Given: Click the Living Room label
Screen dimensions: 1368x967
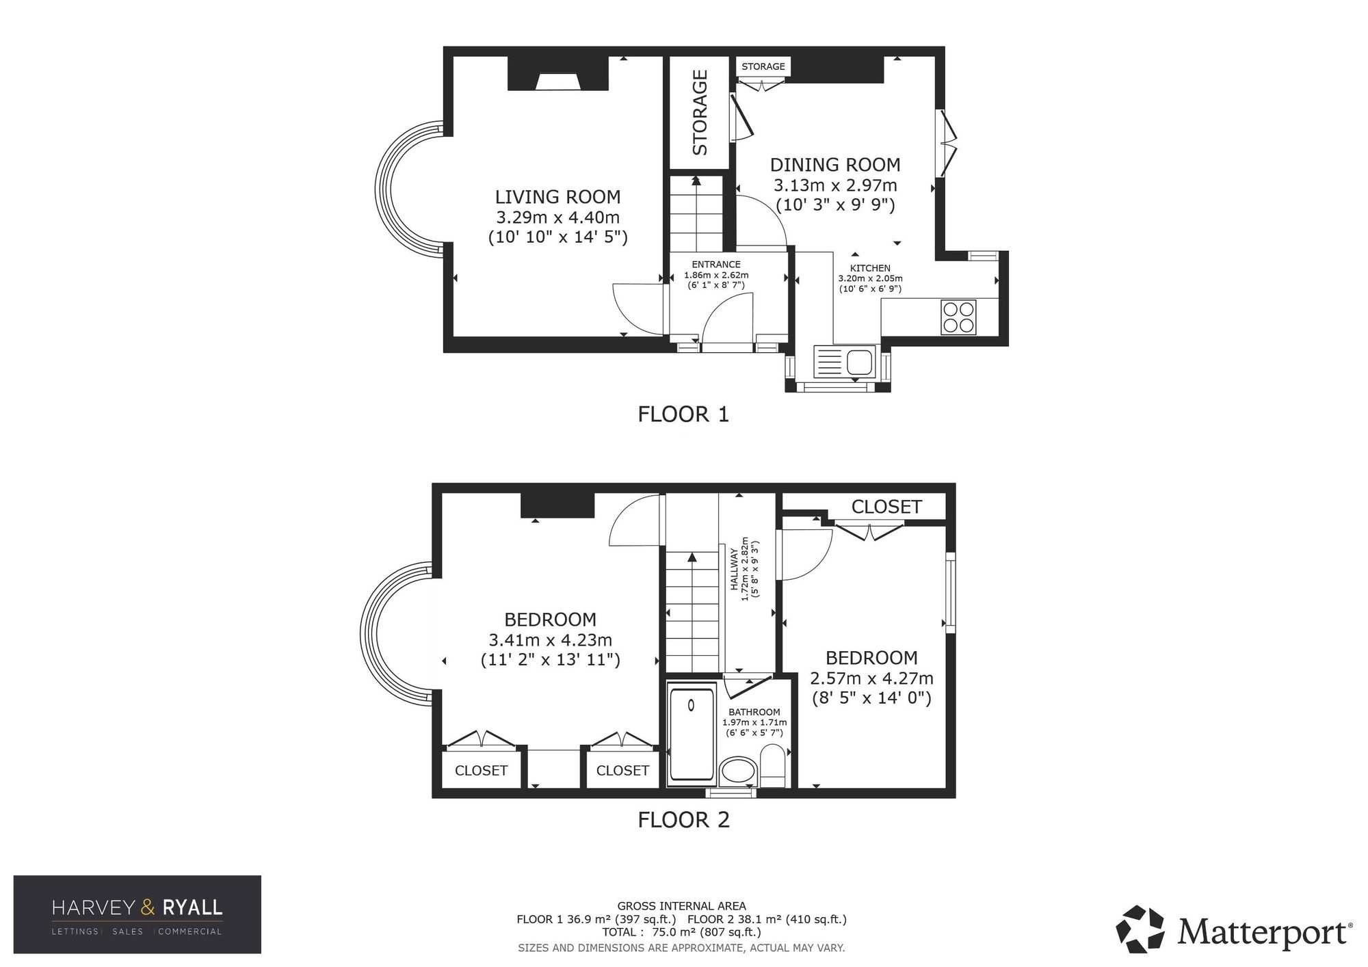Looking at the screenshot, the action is point(557,197).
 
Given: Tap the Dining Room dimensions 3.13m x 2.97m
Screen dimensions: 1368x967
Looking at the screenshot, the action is point(835,185).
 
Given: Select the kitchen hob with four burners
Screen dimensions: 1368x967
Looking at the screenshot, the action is point(958,317).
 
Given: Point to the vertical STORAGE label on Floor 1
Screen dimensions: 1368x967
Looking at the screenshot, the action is point(700,112).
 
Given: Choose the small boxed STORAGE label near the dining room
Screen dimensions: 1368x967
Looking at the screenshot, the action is point(763,66).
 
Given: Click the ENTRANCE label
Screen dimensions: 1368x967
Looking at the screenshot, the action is point(716,265).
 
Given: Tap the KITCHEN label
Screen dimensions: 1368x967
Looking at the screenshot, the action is point(870,269).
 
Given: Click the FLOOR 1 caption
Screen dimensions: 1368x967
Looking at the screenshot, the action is point(683,414).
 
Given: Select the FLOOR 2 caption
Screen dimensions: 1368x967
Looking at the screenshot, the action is point(683,820).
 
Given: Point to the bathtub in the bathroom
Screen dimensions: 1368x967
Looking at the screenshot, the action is point(692,734).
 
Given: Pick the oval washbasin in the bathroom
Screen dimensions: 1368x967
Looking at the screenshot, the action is point(738,770).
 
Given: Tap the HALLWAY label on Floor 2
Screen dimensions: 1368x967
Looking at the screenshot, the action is point(735,569).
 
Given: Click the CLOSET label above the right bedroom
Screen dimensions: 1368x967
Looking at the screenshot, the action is point(886,507).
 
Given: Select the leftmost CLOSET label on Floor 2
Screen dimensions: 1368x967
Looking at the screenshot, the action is point(481,771).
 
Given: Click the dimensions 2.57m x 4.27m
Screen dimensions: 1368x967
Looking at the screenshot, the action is point(871,678).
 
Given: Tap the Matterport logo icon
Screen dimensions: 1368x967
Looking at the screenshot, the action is point(1140,929).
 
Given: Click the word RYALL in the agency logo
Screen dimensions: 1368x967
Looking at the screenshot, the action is point(192,908).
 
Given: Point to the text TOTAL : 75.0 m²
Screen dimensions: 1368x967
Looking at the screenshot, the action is point(629,932).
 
